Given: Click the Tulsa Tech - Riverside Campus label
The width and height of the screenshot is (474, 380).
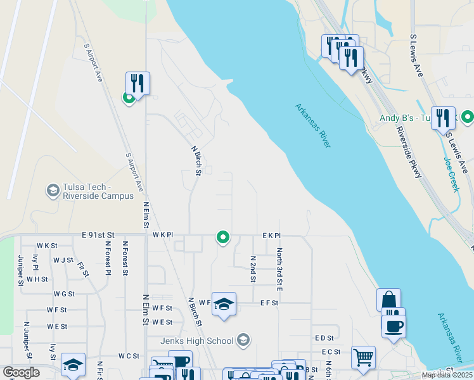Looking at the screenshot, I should [x=99, y=191].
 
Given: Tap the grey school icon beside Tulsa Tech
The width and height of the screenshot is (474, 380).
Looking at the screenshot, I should [x=53, y=190].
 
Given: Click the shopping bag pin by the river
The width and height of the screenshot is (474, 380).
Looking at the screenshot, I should [x=388, y=300].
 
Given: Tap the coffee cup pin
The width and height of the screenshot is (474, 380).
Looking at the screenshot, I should [x=394, y=326].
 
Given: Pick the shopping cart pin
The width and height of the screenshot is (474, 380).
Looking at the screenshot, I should [x=363, y=357].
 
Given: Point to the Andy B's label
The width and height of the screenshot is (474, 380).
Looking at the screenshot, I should [x=405, y=118].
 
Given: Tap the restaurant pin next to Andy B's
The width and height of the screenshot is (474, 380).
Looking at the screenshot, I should [x=443, y=118].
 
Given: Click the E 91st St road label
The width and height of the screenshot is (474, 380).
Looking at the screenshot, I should [x=98, y=235].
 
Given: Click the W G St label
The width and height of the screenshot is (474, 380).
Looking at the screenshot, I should [x=64, y=294].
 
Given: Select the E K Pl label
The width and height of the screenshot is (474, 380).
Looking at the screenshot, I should [x=271, y=235].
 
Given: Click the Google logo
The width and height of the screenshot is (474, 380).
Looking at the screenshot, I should [x=21, y=372].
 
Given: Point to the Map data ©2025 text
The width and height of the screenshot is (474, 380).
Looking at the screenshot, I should [x=446, y=375].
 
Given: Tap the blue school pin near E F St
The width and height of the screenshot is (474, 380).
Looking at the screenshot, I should [x=223, y=304].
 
